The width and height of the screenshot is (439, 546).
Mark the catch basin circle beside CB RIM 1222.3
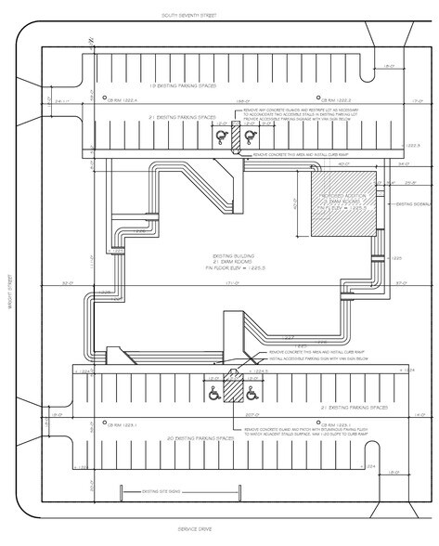[319, 97]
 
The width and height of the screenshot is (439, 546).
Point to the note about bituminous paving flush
[316, 432]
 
